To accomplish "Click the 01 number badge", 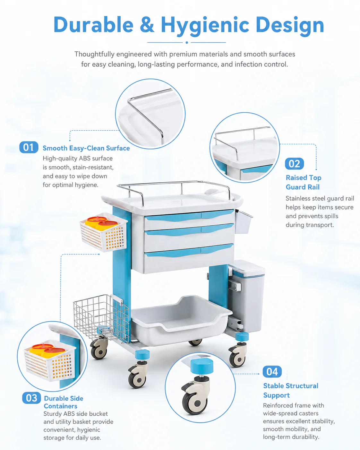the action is [29, 147].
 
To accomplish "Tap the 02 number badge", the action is [294, 163].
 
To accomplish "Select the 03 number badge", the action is [31, 398].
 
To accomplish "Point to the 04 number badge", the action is [272, 372].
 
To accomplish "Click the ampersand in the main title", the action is [147, 25].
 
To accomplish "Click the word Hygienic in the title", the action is [205, 26].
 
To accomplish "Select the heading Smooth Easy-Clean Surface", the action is [86, 148].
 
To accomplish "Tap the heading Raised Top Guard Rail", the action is [303, 182].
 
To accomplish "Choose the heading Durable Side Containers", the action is [63, 402].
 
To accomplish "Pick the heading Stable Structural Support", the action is [291, 390].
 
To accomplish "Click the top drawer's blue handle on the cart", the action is [189, 216].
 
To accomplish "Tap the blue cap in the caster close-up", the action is [202, 366].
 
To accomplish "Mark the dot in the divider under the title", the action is [187, 42].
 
